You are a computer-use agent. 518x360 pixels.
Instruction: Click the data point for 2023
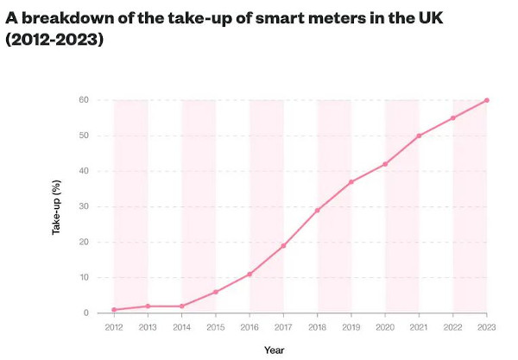(x=487, y=100)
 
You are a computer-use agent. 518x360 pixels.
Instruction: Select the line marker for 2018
(x=318, y=210)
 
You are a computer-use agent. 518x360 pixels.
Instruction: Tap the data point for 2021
(x=420, y=136)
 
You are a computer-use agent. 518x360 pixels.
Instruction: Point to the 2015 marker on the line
(x=216, y=292)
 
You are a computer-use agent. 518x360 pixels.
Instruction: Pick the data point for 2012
(x=114, y=310)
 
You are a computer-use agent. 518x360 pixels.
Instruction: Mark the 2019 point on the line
(x=351, y=182)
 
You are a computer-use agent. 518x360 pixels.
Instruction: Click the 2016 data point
(x=250, y=274)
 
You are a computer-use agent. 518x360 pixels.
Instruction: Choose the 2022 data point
(x=453, y=118)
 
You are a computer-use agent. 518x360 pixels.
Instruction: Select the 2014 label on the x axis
(x=181, y=327)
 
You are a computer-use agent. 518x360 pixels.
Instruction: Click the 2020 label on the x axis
(x=385, y=327)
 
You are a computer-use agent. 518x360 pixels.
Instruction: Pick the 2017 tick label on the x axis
(x=283, y=327)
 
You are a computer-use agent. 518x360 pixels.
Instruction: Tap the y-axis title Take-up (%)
(x=57, y=206)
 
